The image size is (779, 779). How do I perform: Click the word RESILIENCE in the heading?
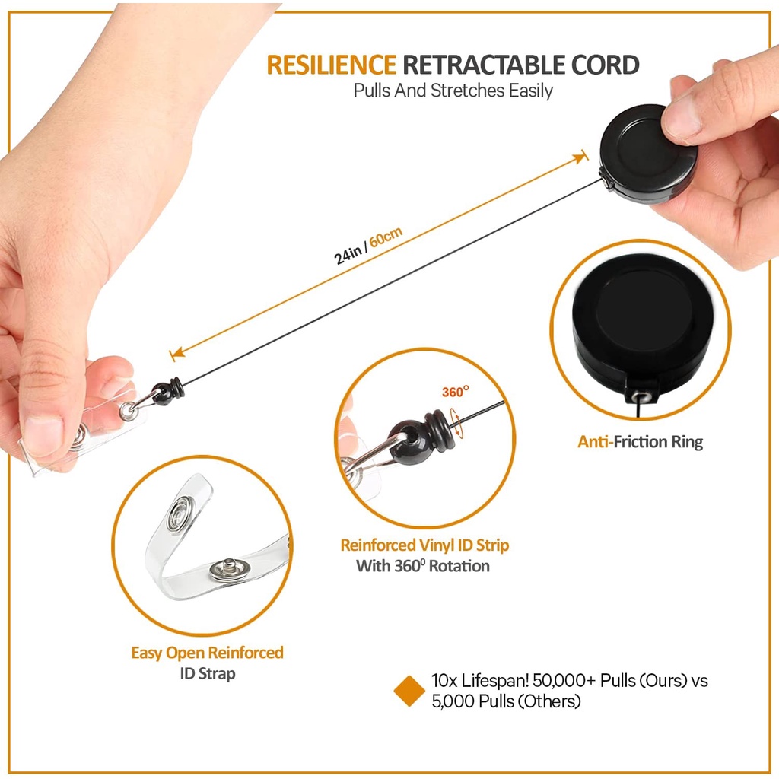click(x=331, y=65)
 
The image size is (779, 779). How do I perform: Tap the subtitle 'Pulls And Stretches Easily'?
click(x=453, y=91)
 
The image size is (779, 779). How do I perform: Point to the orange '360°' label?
click(x=456, y=393)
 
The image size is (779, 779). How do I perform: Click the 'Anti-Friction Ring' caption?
click(x=640, y=442)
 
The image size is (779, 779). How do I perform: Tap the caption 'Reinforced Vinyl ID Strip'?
click(x=424, y=545)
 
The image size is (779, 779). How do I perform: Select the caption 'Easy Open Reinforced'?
click(x=207, y=653)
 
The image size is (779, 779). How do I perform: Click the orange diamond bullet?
click(x=409, y=691)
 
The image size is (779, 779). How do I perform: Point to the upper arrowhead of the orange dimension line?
click(x=583, y=156)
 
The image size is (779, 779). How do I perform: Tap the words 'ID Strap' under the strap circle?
click(x=207, y=673)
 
